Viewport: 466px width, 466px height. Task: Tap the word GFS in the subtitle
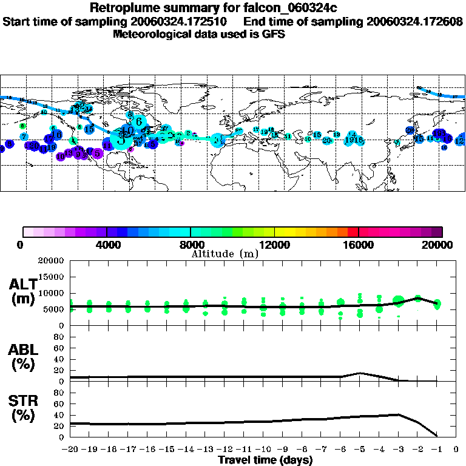click(x=273, y=34)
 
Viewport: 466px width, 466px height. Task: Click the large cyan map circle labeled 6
click(x=139, y=121)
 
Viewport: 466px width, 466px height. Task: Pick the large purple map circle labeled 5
click(x=97, y=153)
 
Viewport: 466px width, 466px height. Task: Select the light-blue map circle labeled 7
click(x=23, y=137)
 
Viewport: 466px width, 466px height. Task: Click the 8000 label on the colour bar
click(x=191, y=245)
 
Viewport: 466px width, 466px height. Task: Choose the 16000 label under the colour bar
click(x=359, y=245)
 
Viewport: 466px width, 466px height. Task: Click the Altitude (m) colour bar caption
click(x=225, y=254)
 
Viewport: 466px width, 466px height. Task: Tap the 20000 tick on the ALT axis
click(x=52, y=261)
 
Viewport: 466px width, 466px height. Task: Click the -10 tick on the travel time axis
click(x=263, y=450)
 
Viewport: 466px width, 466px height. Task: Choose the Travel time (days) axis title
click(x=265, y=460)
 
